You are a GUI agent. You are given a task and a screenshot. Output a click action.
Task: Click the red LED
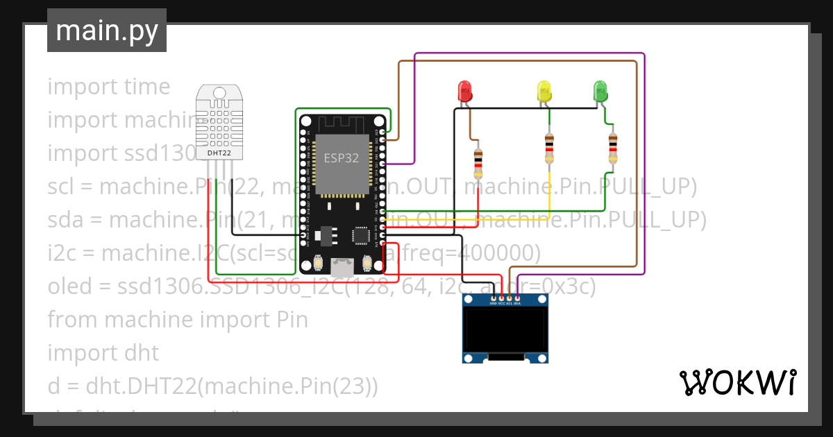click(x=464, y=92)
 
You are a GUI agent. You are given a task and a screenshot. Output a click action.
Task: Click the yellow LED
click(x=544, y=92)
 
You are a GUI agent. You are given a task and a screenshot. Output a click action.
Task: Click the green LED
click(x=600, y=92)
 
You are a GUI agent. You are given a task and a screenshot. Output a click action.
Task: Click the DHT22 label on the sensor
click(x=219, y=153)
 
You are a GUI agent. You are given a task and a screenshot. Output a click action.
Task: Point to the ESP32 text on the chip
click(x=342, y=157)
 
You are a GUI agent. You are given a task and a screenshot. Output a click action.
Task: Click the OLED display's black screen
click(x=505, y=329)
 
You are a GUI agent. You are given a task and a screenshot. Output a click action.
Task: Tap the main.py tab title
click(x=106, y=31)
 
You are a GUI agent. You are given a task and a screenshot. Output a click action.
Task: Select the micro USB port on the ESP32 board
click(x=342, y=265)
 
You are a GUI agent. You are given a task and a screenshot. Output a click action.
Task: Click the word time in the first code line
click(x=147, y=87)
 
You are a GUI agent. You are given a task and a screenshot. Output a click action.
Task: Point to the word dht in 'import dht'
click(x=142, y=352)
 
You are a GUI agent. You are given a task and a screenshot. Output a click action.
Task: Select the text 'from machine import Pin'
click(x=178, y=319)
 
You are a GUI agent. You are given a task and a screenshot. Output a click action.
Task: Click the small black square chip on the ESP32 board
click(x=361, y=235)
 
